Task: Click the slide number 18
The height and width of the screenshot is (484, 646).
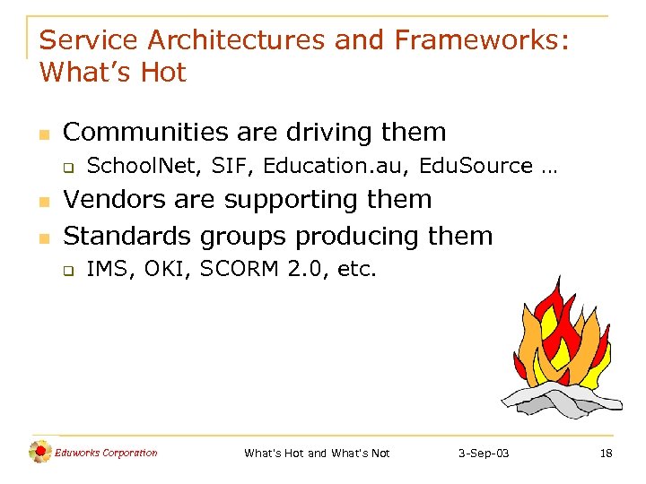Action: [606, 454]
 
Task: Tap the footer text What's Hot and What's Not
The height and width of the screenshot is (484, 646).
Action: [317, 454]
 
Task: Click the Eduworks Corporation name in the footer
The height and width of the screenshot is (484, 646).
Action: [106, 453]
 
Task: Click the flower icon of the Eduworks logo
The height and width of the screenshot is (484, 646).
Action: [40, 453]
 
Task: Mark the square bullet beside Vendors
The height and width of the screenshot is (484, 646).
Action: [44, 201]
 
